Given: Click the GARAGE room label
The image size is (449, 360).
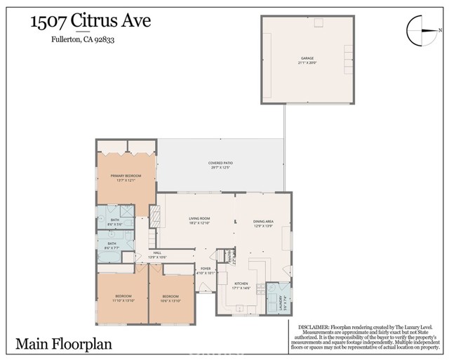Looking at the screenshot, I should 307,58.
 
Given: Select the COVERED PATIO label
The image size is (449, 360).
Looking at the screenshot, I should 220,163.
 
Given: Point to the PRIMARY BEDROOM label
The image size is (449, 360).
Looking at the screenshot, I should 126,175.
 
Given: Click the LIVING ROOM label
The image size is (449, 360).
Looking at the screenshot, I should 199,219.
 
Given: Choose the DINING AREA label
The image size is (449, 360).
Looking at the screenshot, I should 263,219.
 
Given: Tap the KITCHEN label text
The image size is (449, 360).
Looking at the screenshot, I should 241,284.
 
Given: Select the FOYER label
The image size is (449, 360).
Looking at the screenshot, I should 206,268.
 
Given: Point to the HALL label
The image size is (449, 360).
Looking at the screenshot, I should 157,253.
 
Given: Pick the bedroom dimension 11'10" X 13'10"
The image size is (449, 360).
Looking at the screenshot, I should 123,301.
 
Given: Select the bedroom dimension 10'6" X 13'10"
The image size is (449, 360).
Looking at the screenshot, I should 171,301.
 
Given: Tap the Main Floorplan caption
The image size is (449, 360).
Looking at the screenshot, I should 63,344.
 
